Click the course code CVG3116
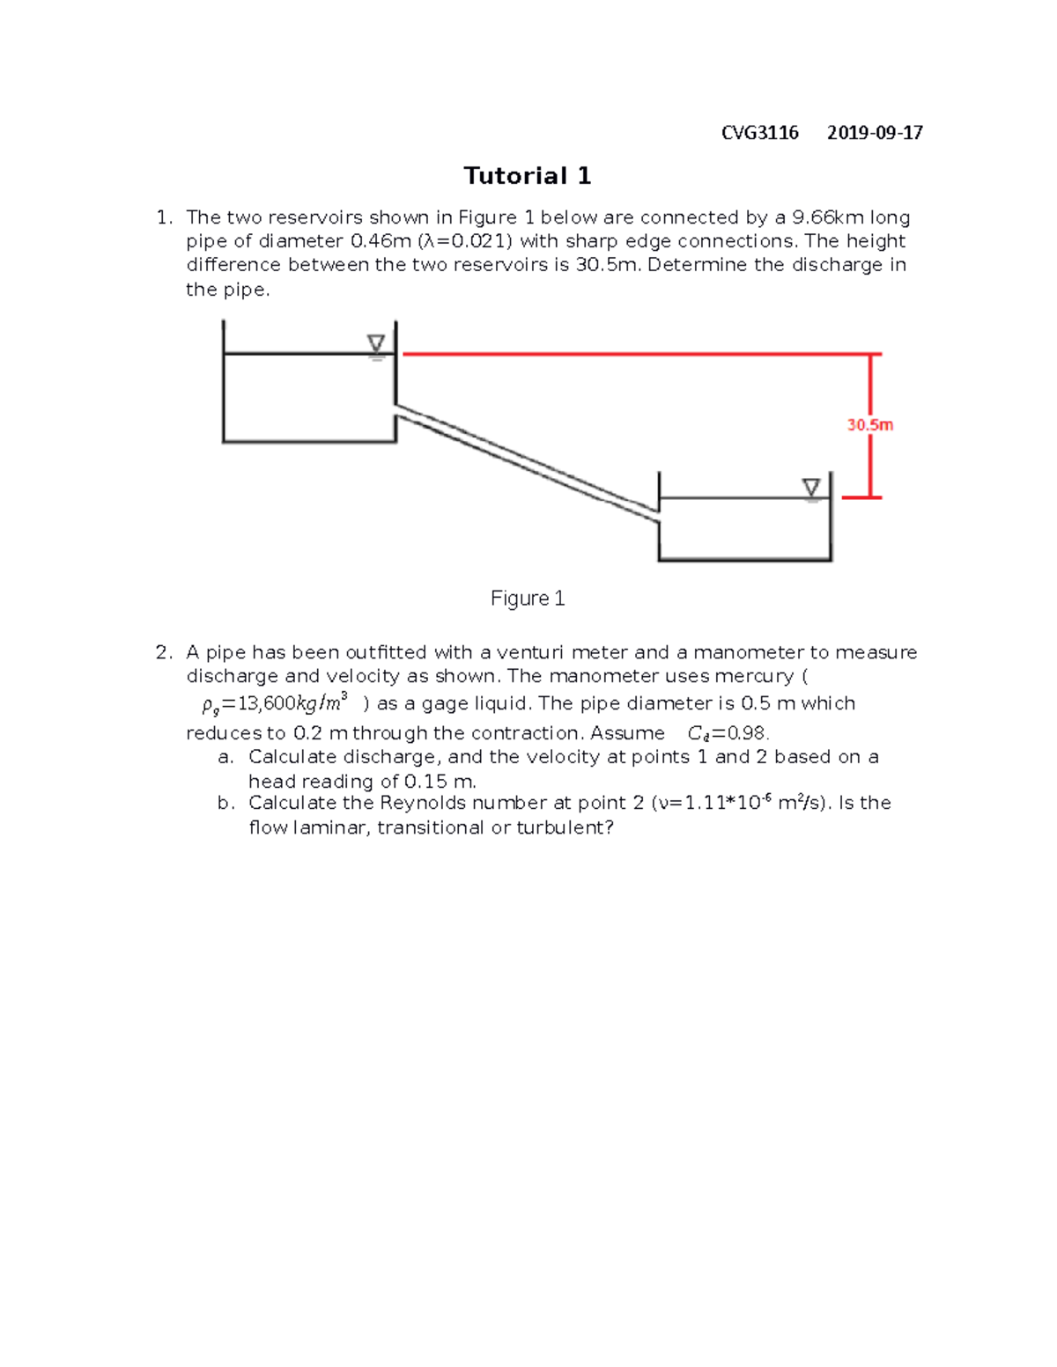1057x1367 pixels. coord(759,133)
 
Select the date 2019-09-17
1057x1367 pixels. coord(875,133)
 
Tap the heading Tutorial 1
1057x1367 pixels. coord(528,176)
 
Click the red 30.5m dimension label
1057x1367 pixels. coord(870,424)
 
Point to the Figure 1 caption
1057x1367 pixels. coord(528,599)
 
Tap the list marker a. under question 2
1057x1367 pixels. coord(225,757)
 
